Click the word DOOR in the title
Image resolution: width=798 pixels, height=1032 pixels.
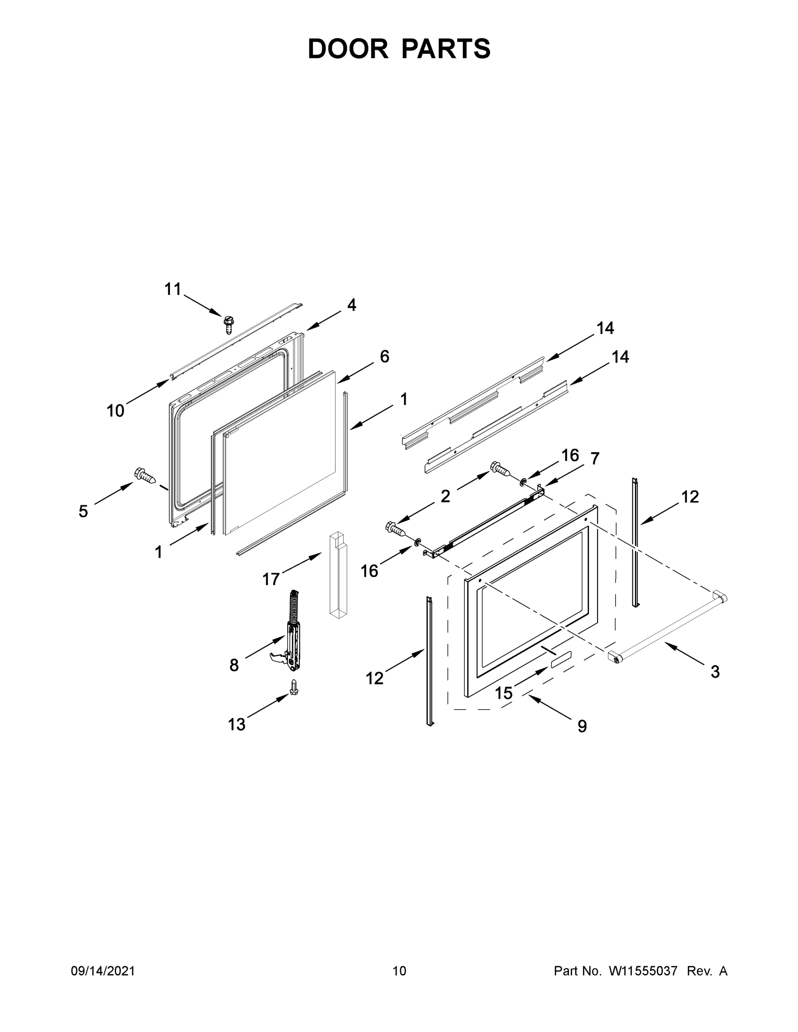[348, 49]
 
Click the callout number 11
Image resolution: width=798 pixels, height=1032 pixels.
[173, 289]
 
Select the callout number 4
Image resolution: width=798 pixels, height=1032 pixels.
[351, 305]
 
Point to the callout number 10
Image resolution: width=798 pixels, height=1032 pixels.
[115, 411]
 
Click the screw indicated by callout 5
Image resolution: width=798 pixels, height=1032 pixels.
[145, 476]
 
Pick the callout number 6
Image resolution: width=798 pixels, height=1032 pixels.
[384, 356]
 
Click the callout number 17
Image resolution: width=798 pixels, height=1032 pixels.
[271, 579]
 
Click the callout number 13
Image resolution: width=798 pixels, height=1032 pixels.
[237, 725]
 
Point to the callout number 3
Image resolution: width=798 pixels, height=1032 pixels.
[715, 672]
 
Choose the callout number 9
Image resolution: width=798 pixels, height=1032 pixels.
[582, 726]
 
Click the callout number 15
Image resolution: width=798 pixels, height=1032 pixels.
[504, 693]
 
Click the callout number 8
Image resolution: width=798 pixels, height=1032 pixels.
[234, 665]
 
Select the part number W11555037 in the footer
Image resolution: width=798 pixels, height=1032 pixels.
[643, 971]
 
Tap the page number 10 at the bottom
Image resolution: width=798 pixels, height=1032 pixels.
[399, 971]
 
